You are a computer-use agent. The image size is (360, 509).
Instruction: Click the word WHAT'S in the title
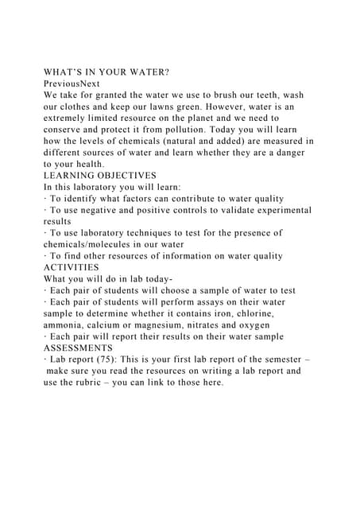pyautogui.click(x=66, y=72)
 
